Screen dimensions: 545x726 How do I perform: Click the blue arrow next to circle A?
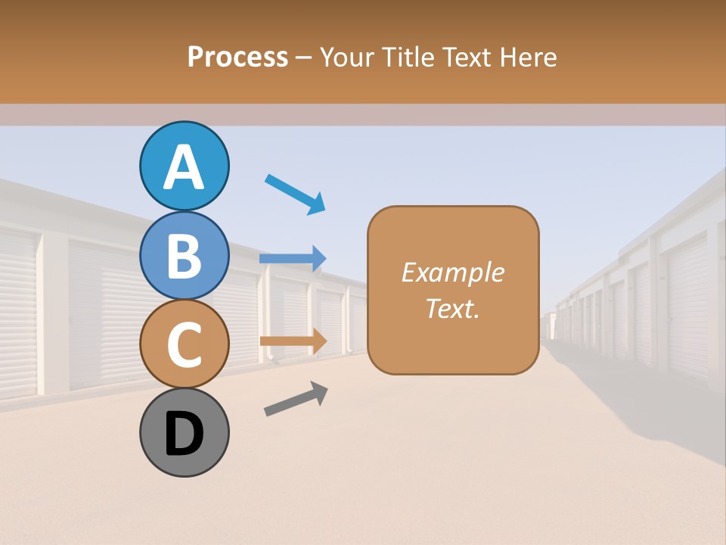pyautogui.click(x=295, y=194)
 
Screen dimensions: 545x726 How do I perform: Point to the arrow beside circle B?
pyautogui.click(x=293, y=258)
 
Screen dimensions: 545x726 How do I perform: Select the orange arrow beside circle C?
pyautogui.click(x=293, y=341)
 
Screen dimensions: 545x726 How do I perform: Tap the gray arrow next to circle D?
pyautogui.click(x=296, y=399)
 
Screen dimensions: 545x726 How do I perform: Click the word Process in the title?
pyautogui.click(x=237, y=57)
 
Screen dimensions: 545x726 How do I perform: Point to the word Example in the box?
pyautogui.click(x=452, y=272)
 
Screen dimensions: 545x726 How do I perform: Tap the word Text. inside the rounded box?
pyautogui.click(x=452, y=308)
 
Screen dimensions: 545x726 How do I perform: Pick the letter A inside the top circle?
pyautogui.click(x=185, y=167)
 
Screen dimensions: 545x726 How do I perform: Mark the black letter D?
pyautogui.click(x=185, y=435)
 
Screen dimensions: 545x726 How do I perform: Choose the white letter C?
pyautogui.click(x=185, y=344)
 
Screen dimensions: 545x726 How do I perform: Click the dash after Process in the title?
pyautogui.click(x=303, y=58)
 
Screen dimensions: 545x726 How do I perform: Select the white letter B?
pyautogui.click(x=185, y=256)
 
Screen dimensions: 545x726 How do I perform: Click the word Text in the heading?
pyautogui.click(x=470, y=57)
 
